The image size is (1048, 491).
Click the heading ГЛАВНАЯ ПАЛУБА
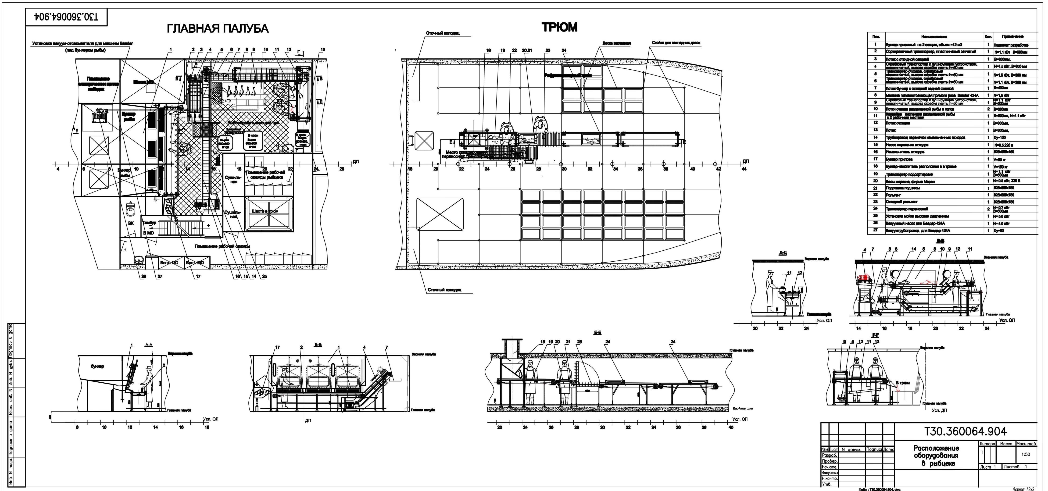tap(218, 29)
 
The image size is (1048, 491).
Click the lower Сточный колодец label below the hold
tap(444, 290)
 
